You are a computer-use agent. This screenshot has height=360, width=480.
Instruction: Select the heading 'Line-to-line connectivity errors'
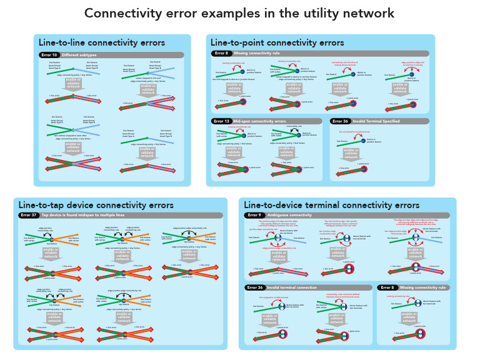(102, 43)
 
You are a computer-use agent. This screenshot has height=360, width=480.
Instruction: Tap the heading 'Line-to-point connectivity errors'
(277, 43)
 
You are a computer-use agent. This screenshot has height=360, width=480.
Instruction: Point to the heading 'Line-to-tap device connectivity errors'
(96, 205)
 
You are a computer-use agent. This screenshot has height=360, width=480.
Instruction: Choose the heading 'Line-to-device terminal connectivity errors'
(331, 205)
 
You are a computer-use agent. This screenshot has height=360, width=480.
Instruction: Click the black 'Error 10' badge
(49, 55)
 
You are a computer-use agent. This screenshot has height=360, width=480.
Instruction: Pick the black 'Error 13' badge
(222, 121)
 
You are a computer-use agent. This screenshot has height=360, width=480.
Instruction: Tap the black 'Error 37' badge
(29, 215)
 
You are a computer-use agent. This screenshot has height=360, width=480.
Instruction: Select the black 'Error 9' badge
(254, 215)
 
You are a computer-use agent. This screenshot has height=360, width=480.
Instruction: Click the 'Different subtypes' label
(79, 55)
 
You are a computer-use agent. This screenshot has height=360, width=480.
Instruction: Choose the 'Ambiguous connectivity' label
(289, 215)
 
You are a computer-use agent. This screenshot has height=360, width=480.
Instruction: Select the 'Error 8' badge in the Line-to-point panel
(221, 53)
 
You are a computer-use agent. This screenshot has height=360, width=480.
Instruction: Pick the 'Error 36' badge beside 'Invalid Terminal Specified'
(341, 121)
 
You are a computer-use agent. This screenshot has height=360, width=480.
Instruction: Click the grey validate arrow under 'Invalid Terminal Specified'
(351, 153)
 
